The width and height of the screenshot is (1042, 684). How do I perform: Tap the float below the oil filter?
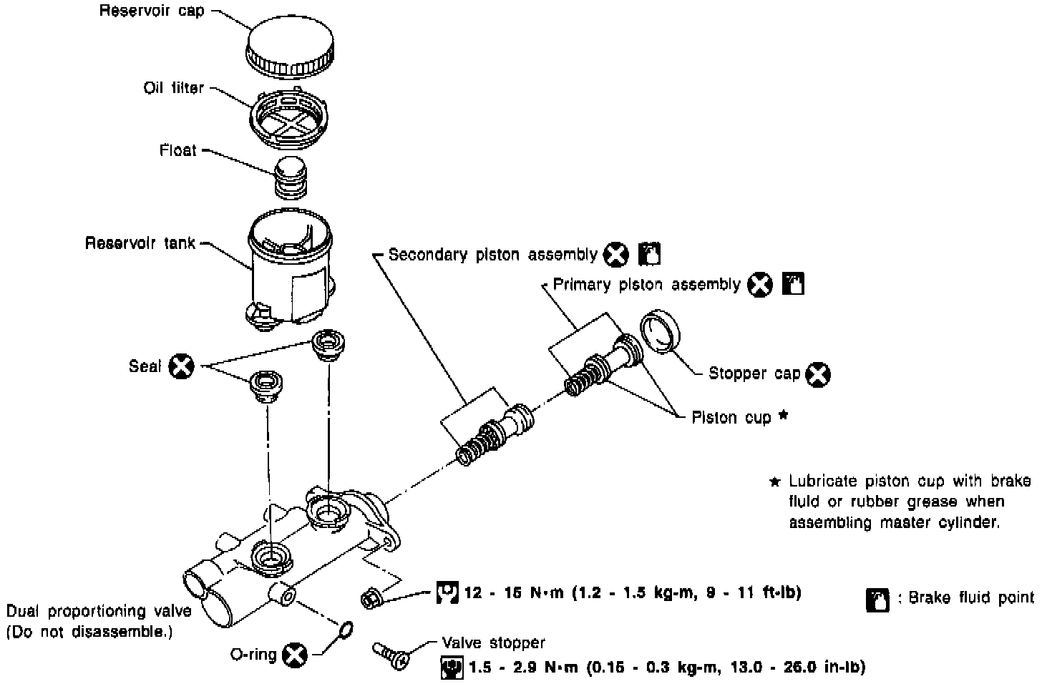point(291,176)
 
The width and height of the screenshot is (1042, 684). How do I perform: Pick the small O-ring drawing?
point(345,629)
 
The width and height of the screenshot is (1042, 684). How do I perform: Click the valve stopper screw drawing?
point(390,654)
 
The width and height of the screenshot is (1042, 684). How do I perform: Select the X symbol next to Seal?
point(181,366)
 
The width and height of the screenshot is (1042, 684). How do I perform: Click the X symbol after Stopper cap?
point(818,374)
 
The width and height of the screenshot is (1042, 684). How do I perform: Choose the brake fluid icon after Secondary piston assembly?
point(648,254)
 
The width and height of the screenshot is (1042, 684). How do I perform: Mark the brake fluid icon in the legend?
point(877,600)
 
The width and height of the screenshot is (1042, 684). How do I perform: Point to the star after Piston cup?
point(783,415)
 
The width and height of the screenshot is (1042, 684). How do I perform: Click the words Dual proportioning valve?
point(99,611)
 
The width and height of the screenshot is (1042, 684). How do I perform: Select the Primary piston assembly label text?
point(646,285)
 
